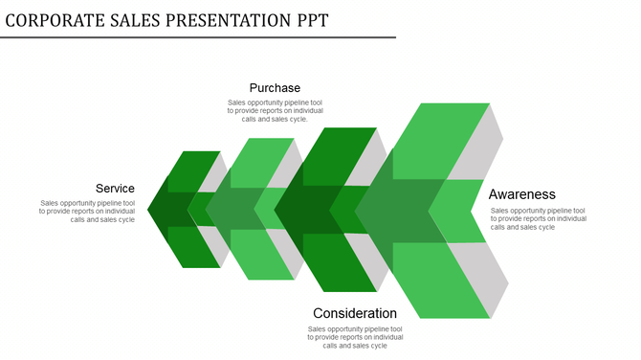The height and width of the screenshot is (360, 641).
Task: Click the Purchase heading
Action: pos(275,88)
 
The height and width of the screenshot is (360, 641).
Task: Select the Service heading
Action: pos(115,189)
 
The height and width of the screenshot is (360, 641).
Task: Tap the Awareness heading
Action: pos(521,194)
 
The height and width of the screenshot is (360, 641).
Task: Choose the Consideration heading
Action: pos(354,313)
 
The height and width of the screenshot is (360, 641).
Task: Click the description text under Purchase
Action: pos(275,110)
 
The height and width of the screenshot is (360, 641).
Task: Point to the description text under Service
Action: pos(88,211)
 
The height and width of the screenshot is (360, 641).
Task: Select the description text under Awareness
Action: pos(538,218)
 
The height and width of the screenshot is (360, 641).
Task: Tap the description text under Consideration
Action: pos(354,337)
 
